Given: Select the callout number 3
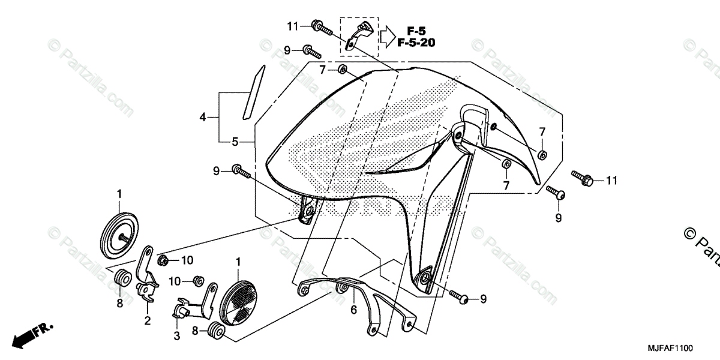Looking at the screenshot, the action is (177, 336).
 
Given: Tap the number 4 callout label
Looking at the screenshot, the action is (203, 118).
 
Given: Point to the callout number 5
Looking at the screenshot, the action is (235, 142).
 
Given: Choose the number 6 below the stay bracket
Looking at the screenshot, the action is (354, 310).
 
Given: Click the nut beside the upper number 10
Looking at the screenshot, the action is (161, 260).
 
